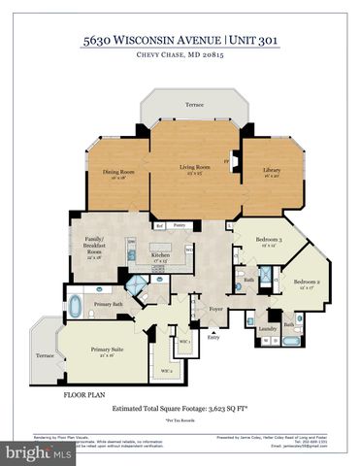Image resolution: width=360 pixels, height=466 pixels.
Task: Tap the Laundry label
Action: [x=268, y=328]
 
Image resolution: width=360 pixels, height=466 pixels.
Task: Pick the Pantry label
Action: [x=180, y=224]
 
